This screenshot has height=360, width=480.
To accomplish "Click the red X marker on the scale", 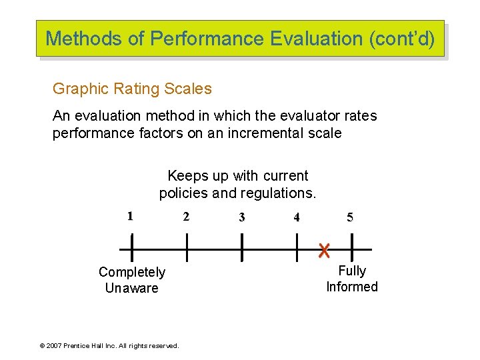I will click(x=324, y=251).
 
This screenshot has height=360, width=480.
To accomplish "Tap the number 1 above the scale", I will click(x=131, y=216).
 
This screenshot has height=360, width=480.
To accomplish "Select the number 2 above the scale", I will click(x=186, y=217).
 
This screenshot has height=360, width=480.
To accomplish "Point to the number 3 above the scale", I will click(x=241, y=217).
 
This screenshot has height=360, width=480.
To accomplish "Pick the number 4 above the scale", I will click(x=297, y=217).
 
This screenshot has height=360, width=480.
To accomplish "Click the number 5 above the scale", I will click(x=351, y=217).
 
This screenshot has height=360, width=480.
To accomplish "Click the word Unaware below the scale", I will click(x=132, y=289).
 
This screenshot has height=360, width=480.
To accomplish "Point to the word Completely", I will click(x=132, y=272).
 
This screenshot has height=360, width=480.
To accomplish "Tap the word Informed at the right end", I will click(x=352, y=287).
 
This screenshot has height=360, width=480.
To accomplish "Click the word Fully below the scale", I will click(x=352, y=271).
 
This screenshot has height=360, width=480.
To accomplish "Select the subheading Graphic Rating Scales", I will click(x=132, y=89).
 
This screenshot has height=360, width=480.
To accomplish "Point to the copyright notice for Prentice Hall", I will click(x=109, y=346).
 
